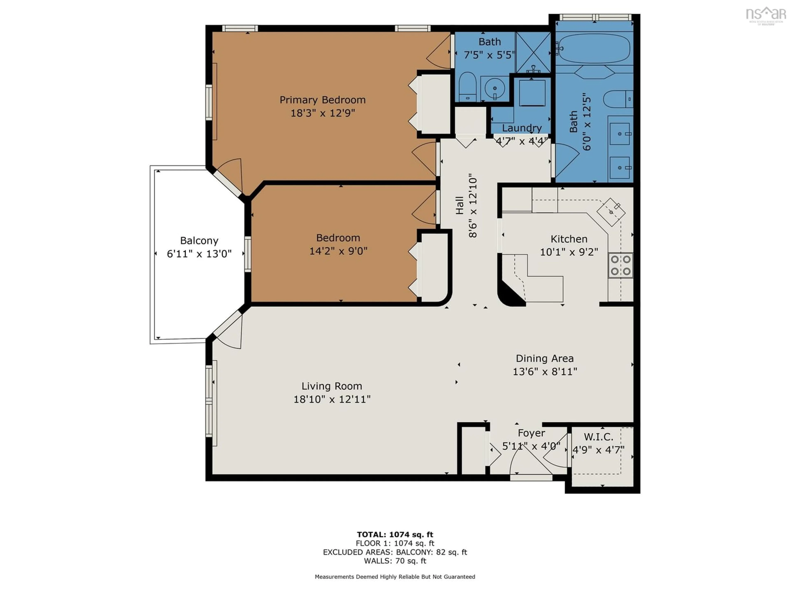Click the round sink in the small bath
[x=495, y=88]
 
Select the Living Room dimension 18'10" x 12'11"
[x=332, y=399]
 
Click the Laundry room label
[x=522, y=128]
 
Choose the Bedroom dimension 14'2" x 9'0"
[x=338, y=251]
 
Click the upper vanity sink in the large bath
[x=620, y=134]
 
